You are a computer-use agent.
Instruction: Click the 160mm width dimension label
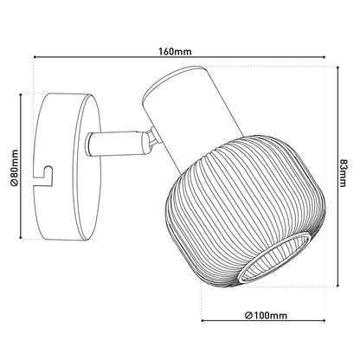pyautogui.click(x=175, y=52)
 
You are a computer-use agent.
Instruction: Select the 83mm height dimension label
pyautogui.click(x=342, y=173)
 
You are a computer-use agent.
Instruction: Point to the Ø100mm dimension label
pyautogui.click(x=266, y=316)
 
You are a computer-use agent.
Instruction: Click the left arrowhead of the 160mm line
pyautogui.click(x=35, y=57)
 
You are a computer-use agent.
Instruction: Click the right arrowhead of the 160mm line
pyautogui.click(x=324, y=57)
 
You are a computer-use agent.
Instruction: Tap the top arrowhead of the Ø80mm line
pyautogui.click(x=21, y=95)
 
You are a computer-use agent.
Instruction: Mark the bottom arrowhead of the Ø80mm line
pyautogui.click(x=21, y=237)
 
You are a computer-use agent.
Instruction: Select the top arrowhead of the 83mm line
pyautogui.click(x=337, y=68)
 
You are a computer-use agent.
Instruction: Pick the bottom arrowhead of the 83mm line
pyautogui.click(x=337, y=285)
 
